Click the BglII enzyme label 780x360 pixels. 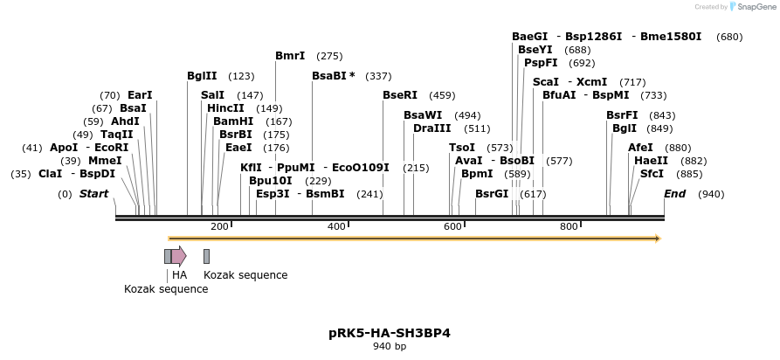click(x=202, y=76)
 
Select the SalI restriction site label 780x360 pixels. click(x=212, y=94)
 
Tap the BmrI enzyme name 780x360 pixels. click(x=290, y=56)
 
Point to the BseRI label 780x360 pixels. click(x=400, y=94)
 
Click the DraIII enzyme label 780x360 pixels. click(x=432, y=128)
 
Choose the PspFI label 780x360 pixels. click(x=541, y=63)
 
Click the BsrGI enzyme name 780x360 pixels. click(x=492, y=193)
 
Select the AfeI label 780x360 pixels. click(x=640, y=148)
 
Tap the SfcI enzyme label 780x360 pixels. click(x=652, y=174)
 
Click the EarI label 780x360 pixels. click(x=140, y=94)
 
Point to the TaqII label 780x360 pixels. click(x=116, y=135)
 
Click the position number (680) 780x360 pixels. click(x=729, y=37)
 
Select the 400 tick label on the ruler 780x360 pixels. click(x=336, y=227)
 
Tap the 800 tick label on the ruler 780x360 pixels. click(x=569, y=227)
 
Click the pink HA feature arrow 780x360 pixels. click(x=178, y=256)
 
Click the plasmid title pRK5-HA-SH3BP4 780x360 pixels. click(x=390, y=333)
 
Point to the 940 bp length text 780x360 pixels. click(x=390, y=347)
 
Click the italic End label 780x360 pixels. click(x=675, y=193)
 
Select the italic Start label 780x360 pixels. click(x=94, y=193)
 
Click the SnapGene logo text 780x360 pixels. click(x=752, y=6)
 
